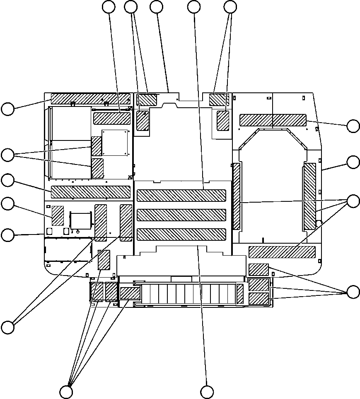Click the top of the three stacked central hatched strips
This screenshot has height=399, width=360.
pos(181,196)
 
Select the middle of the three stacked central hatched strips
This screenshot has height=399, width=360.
pos(181,215)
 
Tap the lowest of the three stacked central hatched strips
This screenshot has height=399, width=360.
pos(181,234)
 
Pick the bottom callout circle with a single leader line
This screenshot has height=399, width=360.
pos(207,392)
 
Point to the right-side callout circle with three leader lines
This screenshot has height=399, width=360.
pos(353,201)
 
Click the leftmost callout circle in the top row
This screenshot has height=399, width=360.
pos(109,7)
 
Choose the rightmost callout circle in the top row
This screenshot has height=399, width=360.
pos(230,7)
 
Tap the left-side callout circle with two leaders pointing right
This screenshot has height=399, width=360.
pos(7,155)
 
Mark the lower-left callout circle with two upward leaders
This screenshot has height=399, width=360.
pos(7,327)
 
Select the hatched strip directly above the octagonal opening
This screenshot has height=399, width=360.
pos(273,120)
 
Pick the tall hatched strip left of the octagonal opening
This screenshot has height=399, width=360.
pos(237,196)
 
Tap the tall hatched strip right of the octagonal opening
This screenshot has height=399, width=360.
pos(309,197)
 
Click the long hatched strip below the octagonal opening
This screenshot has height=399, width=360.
pos(282,252)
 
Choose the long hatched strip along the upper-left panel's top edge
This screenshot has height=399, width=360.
pos(90,98)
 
